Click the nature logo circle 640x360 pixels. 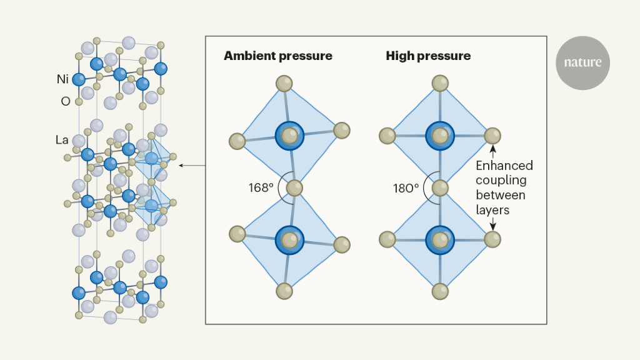pyautogui.click(x=582, y=62)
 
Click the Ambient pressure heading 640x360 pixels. pyautogui.click(x=277, y=56)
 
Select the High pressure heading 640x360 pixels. pyautogui.click(x=427, y=56)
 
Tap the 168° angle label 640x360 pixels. pyautogui.click(x=261, y=187)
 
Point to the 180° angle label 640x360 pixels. pyautogui.click(x=407, y=187)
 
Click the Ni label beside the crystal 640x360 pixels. pyautogui.click(x=62, y=79)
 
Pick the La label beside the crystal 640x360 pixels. pyautogui.click(x=62, y=140)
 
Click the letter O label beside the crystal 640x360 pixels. pyautogui.click(x=65, y=101)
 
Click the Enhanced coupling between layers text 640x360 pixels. pyautogui.click(x=504, y=187)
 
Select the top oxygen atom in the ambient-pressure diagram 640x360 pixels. pyautogui.click(x=284, y=83)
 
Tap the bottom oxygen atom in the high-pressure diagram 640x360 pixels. pyautogui.click(x=440, y=291)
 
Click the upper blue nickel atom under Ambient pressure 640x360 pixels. pyautogui.click(x=289, y=135)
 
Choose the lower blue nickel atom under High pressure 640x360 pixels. pyautogui.click(x=440, y=239)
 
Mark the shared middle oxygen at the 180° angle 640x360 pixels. pyautogui.click(x=440, y=187)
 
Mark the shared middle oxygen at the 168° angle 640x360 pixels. pyautogui.click(x=294, y=187)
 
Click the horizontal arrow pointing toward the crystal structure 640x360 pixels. pyautogui.click(x=192, y=166)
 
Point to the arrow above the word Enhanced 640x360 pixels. pyautogui.click(x=492, y=151)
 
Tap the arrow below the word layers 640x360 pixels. pyautogui.click(x=492, y=224)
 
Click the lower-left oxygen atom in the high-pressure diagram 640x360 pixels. pyautogui.click(x=388, y=239)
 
